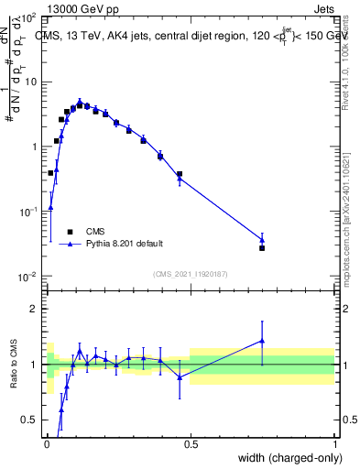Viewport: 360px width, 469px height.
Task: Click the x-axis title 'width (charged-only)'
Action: click(x=284, y=458)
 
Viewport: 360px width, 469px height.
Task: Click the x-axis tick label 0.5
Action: click(x=190, y=444)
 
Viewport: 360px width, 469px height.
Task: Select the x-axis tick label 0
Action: click(x=46, y=444)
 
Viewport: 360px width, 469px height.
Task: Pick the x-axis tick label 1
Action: click(x=334, y=444)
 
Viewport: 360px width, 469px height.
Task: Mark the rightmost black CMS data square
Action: click(x=262, y=248)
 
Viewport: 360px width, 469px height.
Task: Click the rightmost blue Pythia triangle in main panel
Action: click(x=262, y=240)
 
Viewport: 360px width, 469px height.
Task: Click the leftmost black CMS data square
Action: click(x=50, y=172)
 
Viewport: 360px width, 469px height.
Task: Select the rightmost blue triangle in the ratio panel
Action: click(x=262, y=341)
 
